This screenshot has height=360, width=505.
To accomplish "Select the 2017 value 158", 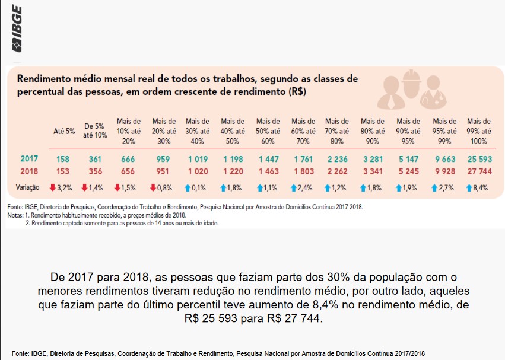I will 63,159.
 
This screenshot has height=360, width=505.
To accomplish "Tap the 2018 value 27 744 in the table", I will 478,171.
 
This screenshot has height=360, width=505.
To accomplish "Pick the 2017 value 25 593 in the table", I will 478,159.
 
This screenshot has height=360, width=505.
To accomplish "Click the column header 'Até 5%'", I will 64,131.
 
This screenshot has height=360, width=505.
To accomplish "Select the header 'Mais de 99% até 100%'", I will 479,131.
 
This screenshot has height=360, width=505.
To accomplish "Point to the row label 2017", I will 29,159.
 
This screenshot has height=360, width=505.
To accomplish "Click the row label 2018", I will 29,171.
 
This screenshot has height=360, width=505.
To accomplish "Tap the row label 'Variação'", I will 27,187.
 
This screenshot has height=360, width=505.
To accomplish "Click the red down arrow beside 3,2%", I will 53,187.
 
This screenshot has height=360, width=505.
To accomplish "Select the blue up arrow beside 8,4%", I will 468,187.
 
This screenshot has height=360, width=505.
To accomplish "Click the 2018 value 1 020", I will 197,171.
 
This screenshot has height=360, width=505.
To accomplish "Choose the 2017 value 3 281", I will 373,159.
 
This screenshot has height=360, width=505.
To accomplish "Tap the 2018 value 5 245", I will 408,171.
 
